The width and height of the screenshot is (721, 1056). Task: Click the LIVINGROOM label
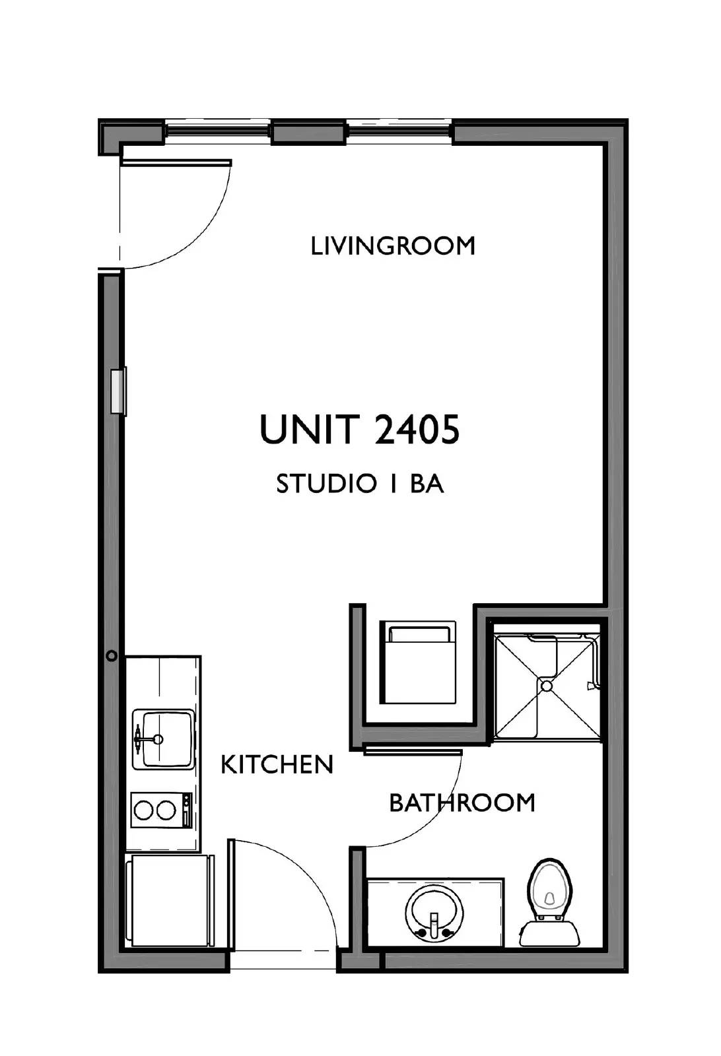pos(393,246)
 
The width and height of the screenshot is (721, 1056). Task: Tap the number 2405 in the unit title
pos(417,430)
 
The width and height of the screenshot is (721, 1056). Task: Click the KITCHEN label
pos(277,765)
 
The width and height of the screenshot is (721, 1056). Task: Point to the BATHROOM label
pos(462,803)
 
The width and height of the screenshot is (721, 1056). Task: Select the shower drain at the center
pos(546,686)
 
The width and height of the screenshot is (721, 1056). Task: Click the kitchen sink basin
pos(163,739)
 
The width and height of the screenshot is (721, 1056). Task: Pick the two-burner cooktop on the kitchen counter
pos(162,810)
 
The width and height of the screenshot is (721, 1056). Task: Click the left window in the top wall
pos(218,131)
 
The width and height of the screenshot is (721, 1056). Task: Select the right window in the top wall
pos(399,131)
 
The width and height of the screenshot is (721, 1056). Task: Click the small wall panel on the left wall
pos(118,391)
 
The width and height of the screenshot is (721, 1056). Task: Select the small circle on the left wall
pos(112,656)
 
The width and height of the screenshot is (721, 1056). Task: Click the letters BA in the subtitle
pos(427,484)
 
